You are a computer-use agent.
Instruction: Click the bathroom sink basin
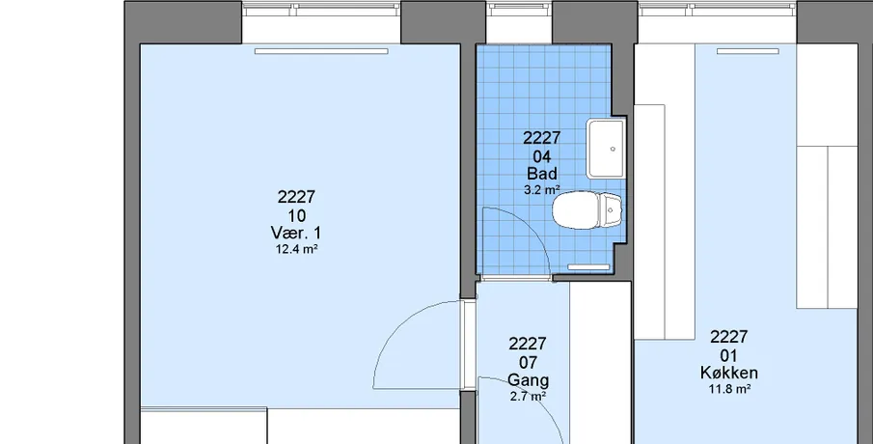pos(606,149)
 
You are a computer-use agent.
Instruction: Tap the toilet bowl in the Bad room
pos(576,210)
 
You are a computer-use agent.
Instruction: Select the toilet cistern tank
pos(611,210)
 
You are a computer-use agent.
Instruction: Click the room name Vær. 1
pos(295,233)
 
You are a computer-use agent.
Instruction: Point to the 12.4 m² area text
pos(296,250)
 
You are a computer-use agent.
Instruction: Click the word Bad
pos(542,174)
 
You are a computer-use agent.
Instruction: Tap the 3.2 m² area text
pos(542,190)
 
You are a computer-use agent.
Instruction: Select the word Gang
pos(528,380)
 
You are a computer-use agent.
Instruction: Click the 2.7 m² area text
pos(528,397)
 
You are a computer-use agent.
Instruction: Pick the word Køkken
pos(729,373)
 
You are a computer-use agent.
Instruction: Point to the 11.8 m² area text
pos(729,389)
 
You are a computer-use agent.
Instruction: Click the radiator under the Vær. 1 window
pos(321,51)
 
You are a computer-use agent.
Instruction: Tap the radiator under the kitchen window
pos(748,51)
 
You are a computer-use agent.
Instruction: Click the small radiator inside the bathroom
pos(588,267)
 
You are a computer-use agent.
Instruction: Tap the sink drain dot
pos(613,149)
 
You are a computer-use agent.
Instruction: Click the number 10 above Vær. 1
pos(296,215)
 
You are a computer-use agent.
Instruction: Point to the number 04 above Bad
pos(542,156)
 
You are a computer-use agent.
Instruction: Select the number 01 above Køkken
pos(729,355)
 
